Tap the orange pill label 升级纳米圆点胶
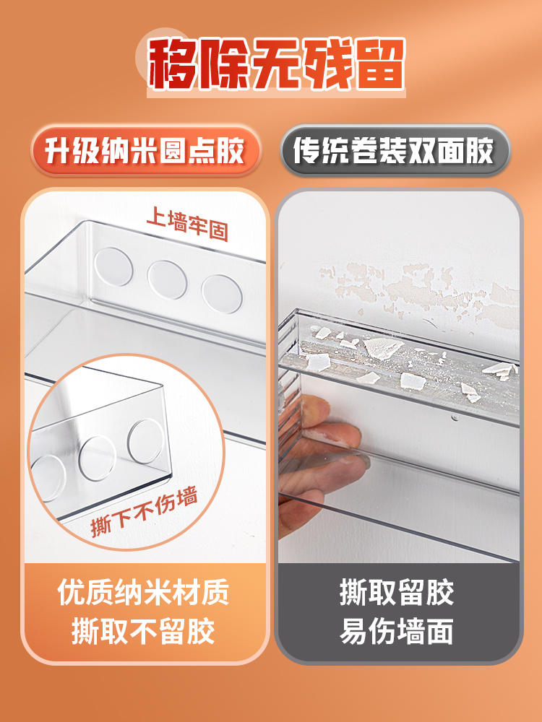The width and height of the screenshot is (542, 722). (146, 151)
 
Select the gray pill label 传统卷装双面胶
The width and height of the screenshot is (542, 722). (395, 151)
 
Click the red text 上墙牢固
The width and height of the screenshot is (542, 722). (188, 225)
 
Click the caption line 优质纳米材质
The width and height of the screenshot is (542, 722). (143, 592)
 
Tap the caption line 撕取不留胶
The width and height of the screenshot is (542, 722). (143, 631)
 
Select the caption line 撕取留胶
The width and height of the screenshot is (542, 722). (396, 592)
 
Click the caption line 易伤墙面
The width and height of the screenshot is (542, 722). (396, 631)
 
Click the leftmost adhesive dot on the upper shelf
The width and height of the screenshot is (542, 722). (113, 266)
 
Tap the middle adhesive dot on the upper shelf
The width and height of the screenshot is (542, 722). (168, 279)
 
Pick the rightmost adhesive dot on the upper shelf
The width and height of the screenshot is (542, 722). (222, 295)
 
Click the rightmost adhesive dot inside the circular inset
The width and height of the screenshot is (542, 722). (146, 440)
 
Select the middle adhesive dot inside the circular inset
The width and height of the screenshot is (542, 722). (98, 458)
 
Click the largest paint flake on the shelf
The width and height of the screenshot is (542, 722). (382, 348)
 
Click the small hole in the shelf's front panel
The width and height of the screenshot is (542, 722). (455, 418)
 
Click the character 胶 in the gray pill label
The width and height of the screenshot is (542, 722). (480, 151)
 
